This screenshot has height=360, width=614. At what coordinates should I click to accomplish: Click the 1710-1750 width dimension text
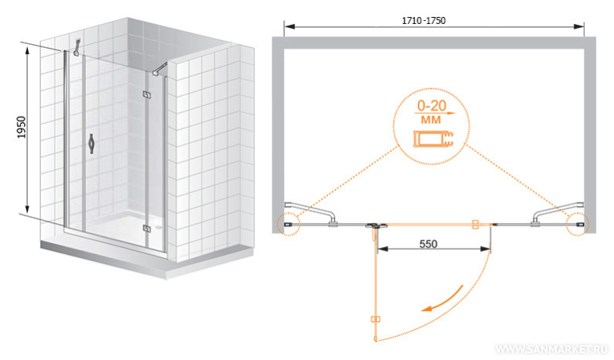click(424, 20)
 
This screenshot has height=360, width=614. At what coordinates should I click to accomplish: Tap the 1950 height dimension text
click(21, 127)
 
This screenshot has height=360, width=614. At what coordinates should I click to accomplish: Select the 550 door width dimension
click(428, 244)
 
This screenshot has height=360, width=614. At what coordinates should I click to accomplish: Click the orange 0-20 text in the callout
click(431, 105)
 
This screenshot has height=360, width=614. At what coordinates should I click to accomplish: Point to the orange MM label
click(430, 119)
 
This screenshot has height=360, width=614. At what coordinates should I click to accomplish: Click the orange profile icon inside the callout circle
click(433, 139)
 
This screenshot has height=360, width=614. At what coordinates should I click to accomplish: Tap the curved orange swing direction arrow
click(442, 300)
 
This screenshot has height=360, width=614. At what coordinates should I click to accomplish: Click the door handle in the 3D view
click(91, 144)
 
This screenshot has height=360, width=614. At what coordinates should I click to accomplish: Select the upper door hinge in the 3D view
click(146, 94)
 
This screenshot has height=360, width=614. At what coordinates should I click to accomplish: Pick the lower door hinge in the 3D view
click(147, 228)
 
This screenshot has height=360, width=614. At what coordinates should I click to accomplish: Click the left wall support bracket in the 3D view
click(77, 47)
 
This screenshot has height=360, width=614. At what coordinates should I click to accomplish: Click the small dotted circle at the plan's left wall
click(288, 225)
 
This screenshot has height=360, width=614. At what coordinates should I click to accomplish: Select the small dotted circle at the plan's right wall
click(578, 225)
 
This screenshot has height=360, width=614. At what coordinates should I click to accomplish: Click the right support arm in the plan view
click(557, 211)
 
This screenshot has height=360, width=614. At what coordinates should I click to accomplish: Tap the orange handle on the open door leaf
click(375, 319)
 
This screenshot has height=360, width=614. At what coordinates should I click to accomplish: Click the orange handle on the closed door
click(475, 224)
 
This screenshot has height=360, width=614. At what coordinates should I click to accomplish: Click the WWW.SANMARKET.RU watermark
click(552, 349)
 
